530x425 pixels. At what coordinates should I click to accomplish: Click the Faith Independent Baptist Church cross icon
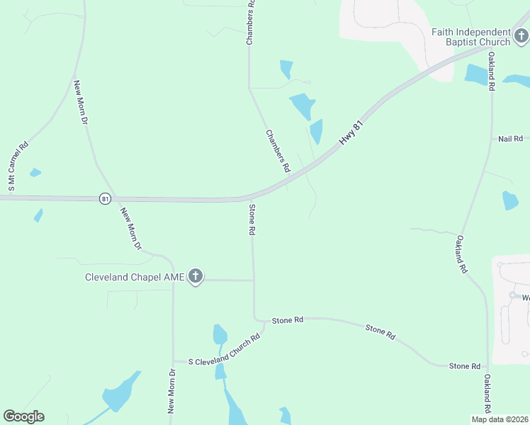pyautogui.click(x=521, y=35)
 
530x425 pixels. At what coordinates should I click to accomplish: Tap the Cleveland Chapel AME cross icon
pyautogui.click(x=196, y=277)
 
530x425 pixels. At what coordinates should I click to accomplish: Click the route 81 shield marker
pyautogui.click(x=105, y=199)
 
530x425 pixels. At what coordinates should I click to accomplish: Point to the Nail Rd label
pyautogui.click(x=510, y=139)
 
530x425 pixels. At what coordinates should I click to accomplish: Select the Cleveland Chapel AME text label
pyautogui.click(x=134, y=277)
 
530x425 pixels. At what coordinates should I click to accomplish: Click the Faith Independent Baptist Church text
pyautogui.click(x=471, y=37)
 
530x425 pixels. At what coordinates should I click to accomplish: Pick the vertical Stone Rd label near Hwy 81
pyautogui.click(x=252, y=220)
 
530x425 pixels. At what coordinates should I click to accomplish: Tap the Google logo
pyautogui.click(x=23, y=416)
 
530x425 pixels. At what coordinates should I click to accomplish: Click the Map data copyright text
pyautogui.click(x=500, y=419)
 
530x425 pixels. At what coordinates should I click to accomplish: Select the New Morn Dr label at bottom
pyautogui.click(x=171, y=391)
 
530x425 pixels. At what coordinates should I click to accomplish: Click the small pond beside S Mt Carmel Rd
pyautogui.click(x=35, y=172)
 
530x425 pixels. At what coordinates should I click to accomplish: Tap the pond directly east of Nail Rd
pyautogui.click(x=510, y=200)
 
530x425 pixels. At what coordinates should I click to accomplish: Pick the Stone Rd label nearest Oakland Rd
pyautogui.click(x=464, y=365)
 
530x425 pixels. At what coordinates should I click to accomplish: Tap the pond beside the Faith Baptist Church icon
pyautogui.click(x=473, y=73)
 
